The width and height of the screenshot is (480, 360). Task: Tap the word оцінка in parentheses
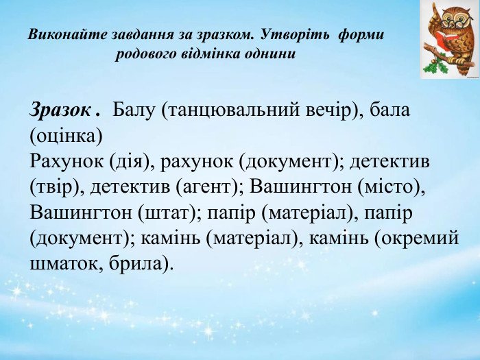point(66,136)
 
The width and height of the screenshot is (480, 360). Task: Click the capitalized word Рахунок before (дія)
point(67,162)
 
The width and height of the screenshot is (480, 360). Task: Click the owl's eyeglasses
point(451,22)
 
